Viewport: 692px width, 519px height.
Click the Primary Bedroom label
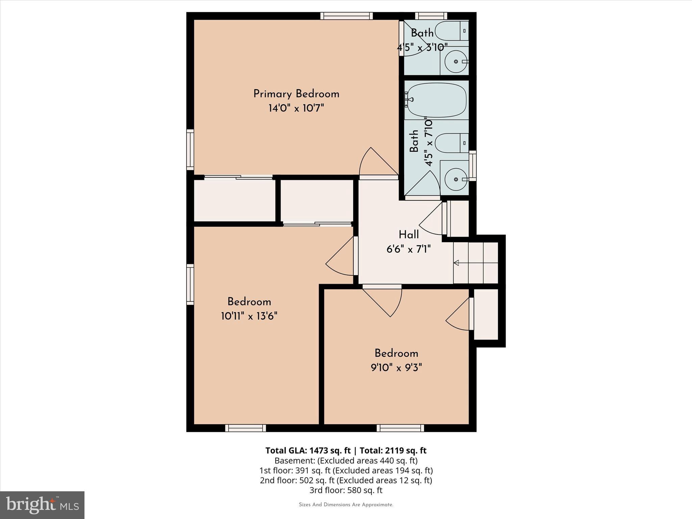296,94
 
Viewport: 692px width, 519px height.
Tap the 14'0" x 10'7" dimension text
296,108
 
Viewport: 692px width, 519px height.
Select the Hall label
409,235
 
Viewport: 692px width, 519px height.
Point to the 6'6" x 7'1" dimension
409,249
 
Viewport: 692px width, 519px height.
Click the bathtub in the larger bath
437,100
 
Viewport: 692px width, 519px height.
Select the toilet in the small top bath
451,31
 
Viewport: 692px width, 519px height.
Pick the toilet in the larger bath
451,143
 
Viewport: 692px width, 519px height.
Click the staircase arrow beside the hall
456,263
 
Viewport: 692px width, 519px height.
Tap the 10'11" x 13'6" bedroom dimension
249,317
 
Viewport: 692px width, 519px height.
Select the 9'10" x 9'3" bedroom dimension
396,368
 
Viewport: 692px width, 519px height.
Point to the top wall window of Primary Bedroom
346,16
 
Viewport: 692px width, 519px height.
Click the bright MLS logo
42,505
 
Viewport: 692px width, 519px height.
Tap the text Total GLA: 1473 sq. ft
308,450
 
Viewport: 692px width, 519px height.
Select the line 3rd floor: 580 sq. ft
346,490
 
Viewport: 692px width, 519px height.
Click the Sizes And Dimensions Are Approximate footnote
346,505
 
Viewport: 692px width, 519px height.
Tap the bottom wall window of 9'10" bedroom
400,428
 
